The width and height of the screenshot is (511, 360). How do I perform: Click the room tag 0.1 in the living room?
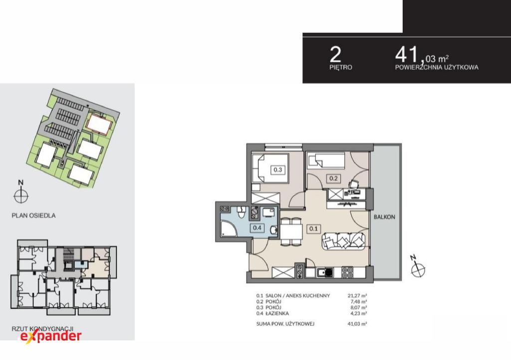point(313,228)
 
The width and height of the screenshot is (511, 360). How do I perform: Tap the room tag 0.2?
point(333,179)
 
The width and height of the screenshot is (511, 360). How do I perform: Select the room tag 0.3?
point(277,170)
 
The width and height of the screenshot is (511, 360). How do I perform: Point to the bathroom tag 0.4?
point(257,228)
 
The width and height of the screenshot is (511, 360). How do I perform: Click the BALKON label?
point(384,217)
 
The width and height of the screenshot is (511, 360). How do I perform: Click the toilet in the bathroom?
point(241,213)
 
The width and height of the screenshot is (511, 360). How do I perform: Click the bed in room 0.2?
point(325,161)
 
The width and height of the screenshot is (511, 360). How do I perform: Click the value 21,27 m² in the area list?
point(357,296)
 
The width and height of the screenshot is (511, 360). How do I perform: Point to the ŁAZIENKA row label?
point(277,314)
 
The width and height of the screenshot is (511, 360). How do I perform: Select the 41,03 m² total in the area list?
point(357,324)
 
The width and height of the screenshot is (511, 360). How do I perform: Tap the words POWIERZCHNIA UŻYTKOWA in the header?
point(437,67)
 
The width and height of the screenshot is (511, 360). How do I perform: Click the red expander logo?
point(51,336)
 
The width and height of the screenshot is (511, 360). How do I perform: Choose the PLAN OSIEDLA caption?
point(33,215)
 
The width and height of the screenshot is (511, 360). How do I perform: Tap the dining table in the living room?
point(292,232)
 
